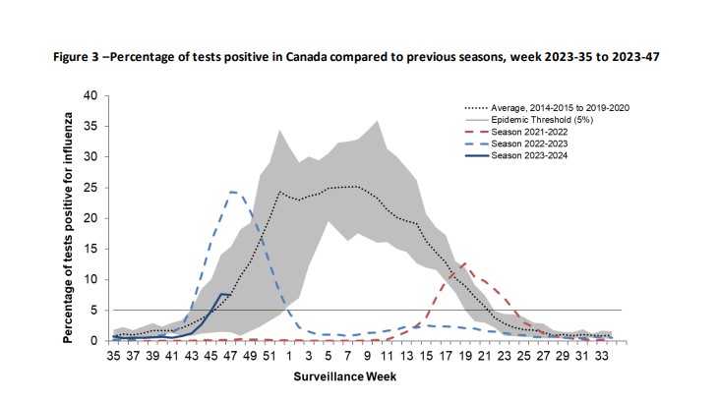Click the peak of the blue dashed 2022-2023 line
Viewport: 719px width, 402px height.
point(232,192)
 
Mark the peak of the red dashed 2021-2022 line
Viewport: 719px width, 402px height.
point(463,263)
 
